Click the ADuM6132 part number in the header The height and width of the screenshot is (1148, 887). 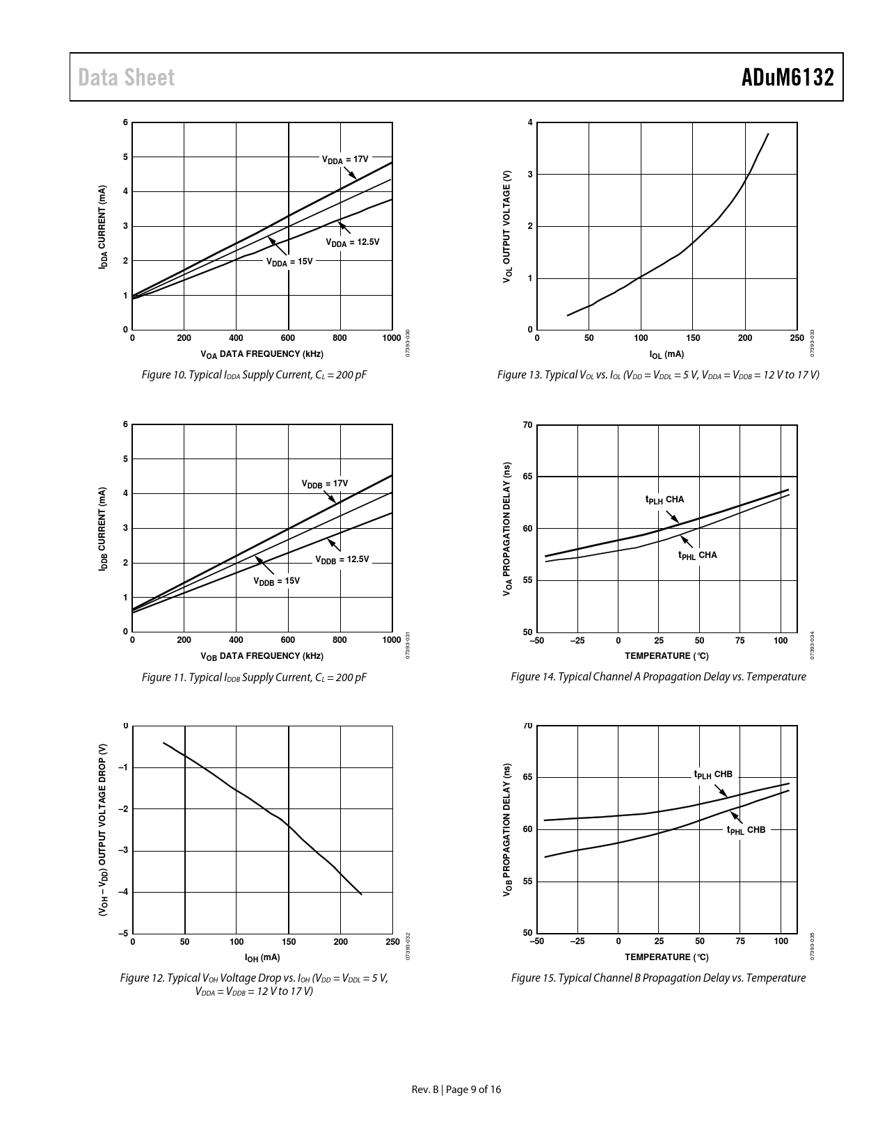[x=787, y=77]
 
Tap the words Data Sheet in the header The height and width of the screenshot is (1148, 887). [x=126, y=77]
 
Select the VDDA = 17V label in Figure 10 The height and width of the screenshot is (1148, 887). [x=344, y=159]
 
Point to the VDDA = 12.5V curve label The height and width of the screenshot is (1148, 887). [x=353, y=242]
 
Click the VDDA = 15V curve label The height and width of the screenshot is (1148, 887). [x=289, y=262]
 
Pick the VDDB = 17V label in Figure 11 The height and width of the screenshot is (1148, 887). [x=324, y=484]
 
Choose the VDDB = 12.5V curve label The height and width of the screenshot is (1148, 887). [x=342, y=559]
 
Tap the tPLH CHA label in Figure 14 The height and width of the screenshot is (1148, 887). [x=664, y=500]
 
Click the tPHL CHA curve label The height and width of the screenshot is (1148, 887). [x=697, y=555]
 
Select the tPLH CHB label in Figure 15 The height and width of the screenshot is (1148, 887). [x=713, y=774]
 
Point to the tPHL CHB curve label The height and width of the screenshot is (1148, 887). [x=746, y=830]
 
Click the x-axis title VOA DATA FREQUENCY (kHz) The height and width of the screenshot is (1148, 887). [x=262, y=354]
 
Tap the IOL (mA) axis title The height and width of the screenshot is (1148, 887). [x=666, y=355]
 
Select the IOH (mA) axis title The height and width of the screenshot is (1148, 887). [x=262, y=958]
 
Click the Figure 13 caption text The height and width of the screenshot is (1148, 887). [x=658, y=375]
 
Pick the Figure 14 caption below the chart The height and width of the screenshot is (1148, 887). [x=658, y=676]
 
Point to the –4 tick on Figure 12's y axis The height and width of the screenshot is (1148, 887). [x=123, y=892]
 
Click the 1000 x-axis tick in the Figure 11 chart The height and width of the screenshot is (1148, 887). [x=392, y=640]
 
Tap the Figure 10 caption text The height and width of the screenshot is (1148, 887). [x=254, y=375]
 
